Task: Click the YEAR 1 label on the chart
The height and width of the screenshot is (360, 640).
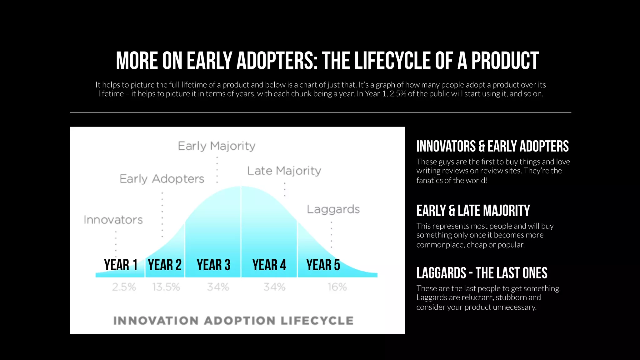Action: [x=121, y=265]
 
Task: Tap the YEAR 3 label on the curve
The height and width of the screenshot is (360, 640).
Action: [x=213, y=265]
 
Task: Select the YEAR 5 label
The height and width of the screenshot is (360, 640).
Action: [x=323, y=265]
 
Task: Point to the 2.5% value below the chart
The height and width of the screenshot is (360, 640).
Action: [x=124, y=287]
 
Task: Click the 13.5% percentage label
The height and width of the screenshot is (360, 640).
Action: [x=166, y=287]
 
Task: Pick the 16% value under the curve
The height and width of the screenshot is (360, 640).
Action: [x=337, y=287]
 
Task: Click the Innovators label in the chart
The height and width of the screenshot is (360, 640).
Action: [x=113, y=220]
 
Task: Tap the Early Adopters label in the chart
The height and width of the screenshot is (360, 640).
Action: [x=162, y=179]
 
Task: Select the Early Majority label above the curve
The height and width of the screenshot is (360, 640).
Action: [x=217, y=146]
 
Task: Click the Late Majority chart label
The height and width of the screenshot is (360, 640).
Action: [x=284, y=171]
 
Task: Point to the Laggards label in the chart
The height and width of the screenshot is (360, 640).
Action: [x=333, y=209]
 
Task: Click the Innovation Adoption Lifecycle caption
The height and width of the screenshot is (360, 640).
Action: [x=233, y=321]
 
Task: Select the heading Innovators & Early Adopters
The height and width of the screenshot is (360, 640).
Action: [x=492, y=146]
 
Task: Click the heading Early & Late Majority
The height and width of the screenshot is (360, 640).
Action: [x=473, y=211]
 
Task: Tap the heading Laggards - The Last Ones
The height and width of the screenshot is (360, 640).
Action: [x=482, y=273]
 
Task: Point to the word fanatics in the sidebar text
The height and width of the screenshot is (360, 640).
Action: [x=429, y=180]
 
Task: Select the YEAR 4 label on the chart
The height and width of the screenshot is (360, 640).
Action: [x=269, y=265]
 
